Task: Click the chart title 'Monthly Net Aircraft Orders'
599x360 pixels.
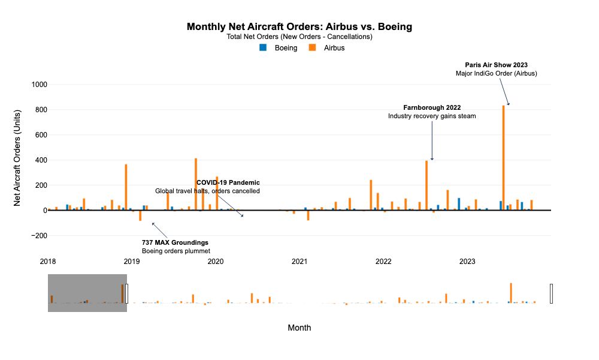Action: (299, 26)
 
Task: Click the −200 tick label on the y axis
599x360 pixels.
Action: (35, 236)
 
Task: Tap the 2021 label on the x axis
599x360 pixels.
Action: (299, 262)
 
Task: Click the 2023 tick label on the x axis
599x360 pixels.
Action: (467, 262)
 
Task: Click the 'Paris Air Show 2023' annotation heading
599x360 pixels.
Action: (496, 65)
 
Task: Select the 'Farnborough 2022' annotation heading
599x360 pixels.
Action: (432, 107)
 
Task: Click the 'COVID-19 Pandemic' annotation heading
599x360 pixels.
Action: (228, 182)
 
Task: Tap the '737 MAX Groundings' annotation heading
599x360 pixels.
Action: (175, 242)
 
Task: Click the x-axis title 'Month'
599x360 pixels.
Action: (299, 328)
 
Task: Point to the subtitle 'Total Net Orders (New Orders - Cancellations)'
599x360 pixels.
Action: (299, 37)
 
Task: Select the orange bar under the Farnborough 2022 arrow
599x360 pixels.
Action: (426, 186)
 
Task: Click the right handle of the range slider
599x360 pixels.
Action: (551, 293)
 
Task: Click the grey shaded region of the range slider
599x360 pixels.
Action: (87, 293)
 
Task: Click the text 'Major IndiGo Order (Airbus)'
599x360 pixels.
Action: (496, 74)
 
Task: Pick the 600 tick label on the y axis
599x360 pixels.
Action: (37, 135)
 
